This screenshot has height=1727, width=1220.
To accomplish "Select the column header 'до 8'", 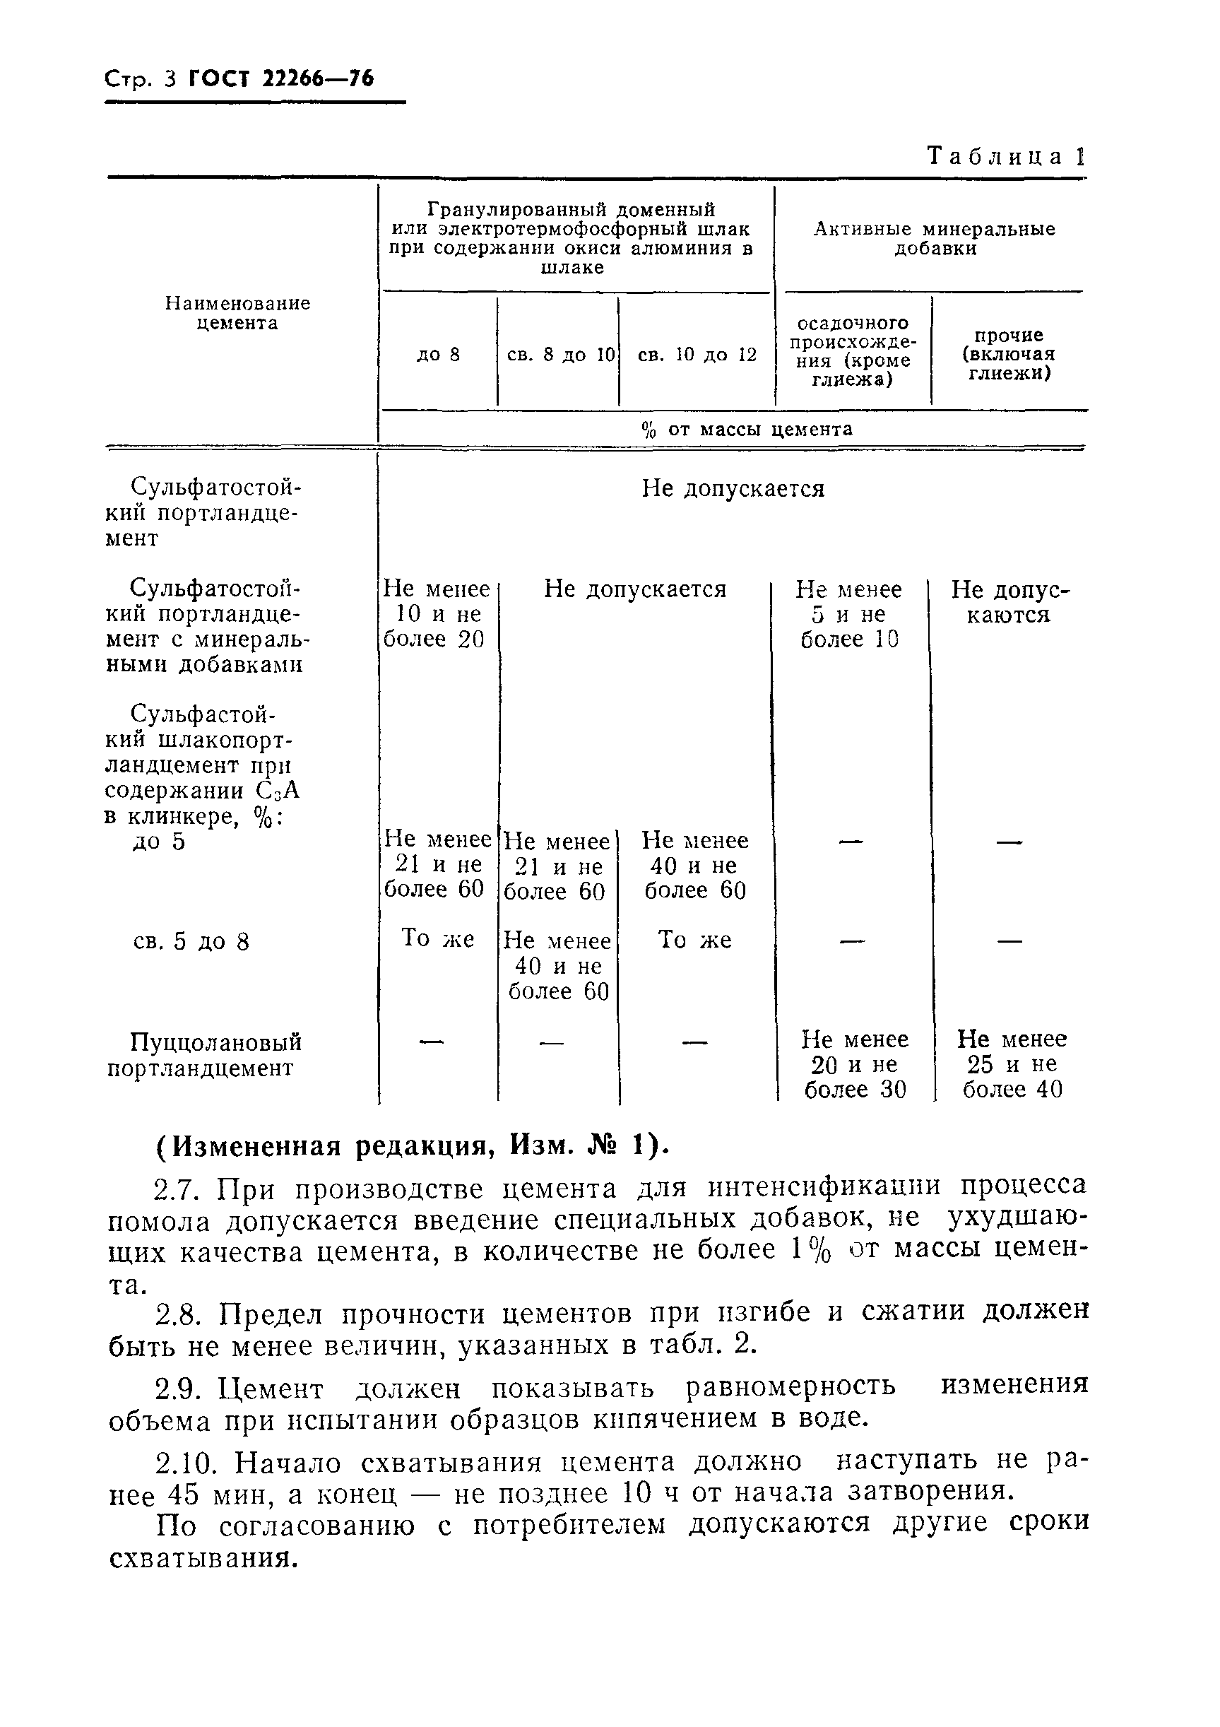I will tap(438, 354).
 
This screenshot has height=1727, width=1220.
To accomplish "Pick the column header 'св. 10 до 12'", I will tap(697, 354).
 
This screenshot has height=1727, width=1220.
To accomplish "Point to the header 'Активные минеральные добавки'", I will tap(934, 238).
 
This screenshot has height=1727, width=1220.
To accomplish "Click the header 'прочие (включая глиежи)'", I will tap(1008, 354).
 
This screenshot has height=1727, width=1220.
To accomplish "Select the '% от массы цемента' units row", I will tap(746, 430).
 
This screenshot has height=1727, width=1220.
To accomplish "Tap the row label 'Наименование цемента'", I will tap(237, 313).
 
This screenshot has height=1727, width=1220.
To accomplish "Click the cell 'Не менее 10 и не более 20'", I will tap(437, 614).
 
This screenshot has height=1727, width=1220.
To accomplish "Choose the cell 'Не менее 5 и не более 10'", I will tap(849, 614).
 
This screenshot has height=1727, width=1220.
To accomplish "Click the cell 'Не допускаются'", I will tap(1009, 602).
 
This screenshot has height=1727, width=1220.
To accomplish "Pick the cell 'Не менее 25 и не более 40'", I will tap(1012, 1064).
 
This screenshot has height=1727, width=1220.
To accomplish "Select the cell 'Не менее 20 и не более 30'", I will tap(855, 1064).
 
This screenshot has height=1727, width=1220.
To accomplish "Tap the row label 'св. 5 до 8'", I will tap(190, 942).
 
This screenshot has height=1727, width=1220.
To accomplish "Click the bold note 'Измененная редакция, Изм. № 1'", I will tap(412, 1146).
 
